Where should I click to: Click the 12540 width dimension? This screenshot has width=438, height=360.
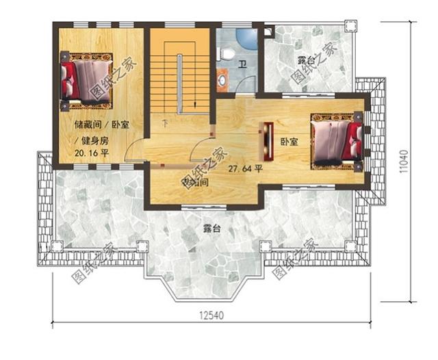pos(212,316)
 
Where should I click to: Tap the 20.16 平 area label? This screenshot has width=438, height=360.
pos(92,154)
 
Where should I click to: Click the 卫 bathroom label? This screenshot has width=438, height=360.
pos(242,65)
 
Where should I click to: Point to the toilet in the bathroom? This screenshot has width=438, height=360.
pos(229,53)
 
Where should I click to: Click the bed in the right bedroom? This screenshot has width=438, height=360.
pos(335,142)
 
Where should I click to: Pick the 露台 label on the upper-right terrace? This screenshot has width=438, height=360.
pos(307,60)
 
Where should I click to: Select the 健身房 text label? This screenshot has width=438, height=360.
pos(96,140)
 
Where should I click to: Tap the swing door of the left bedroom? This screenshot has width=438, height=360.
pos(137,151)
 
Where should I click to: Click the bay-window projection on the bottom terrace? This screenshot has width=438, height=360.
pos(204,281)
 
